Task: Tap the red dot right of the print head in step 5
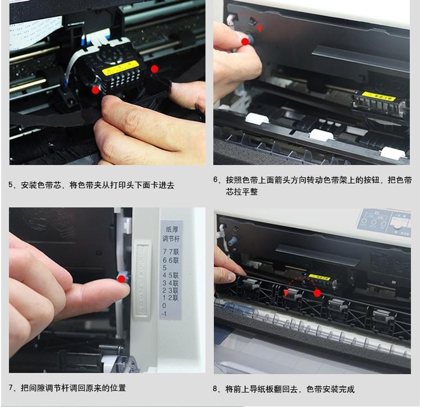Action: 155,68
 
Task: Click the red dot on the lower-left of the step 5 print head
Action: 96,90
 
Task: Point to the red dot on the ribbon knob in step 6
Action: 244,41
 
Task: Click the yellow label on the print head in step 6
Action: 378,96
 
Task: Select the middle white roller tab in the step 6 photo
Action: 320,135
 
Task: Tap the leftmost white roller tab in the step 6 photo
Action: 255,118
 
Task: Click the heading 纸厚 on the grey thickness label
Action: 171,229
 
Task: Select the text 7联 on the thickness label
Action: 175,252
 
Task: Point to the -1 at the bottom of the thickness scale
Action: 165,314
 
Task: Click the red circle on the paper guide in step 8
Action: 317,293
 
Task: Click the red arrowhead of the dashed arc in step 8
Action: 286,292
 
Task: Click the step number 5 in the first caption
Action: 11,185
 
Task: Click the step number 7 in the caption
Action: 11,387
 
